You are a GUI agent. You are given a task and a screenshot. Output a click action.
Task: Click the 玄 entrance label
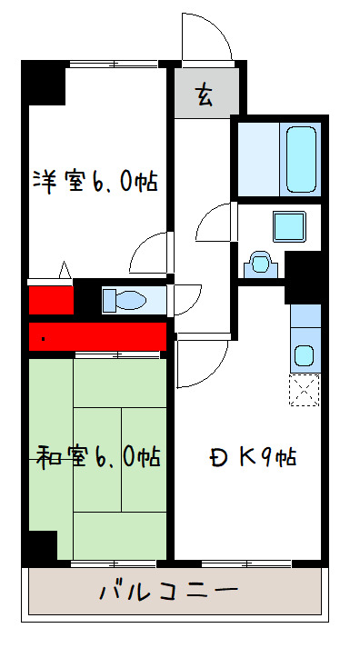[x=205, y=95]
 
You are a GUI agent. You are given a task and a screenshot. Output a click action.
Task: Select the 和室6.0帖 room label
[x=98, y=455]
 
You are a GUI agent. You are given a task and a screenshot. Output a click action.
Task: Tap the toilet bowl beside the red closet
[x=124, y=299]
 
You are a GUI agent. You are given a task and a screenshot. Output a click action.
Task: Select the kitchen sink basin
[x=304, y=355]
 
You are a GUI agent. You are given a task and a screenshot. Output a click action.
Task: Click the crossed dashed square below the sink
[x=305, y=390]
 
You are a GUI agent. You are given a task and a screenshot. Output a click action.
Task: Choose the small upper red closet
[x=51, y=299]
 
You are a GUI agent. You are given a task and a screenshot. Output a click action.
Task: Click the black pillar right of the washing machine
[x=304, y=277]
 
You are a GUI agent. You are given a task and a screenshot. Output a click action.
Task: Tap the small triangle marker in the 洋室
[x=65, y=270]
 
